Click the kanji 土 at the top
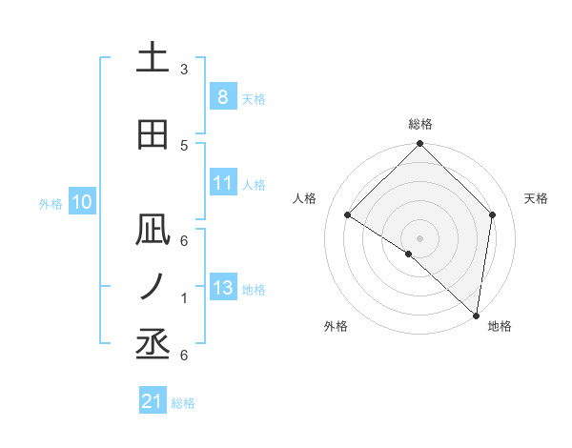point(153,59)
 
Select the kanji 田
point(153,134)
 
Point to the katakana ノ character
point(153,287)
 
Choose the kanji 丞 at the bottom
point(153,345)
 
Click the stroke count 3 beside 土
point(183,70)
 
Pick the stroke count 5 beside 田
point(183,145)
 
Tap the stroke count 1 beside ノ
point(183,298)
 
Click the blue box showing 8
point(222,97)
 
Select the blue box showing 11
point(222,183)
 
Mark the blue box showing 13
point(222,288)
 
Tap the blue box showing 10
point(81,202)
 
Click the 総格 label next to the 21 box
point(184,403)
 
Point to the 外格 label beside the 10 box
point(51,203)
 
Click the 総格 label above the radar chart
point(419,124)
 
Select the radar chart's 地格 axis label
point(500,326)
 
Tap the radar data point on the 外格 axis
point(409,254)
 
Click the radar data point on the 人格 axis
point(348,215)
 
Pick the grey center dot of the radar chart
point(419,237)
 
